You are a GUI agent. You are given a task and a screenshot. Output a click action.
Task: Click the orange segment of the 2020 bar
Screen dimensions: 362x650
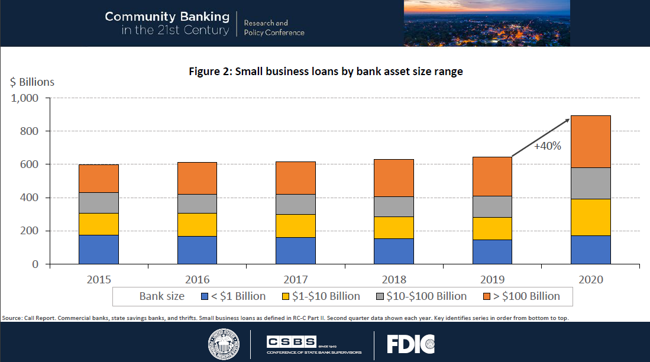tap(590, 141)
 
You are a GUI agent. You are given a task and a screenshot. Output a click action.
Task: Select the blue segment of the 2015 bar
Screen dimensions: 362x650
tap(98, 249)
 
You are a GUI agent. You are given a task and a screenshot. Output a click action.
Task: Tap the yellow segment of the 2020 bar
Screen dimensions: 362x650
tap(590, 217)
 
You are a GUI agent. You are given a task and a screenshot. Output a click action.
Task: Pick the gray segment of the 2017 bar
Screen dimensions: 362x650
tap(295, 204)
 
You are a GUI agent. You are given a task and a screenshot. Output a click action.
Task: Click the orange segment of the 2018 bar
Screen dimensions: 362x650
tap(394, 177)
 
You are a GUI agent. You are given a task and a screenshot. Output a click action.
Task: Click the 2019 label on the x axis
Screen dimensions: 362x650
tap(492, 279)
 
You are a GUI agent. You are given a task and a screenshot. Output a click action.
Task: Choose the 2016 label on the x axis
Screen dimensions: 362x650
tap(197, 279)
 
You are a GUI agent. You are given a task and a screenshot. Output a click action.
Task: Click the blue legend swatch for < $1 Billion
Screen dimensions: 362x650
tap(205, 296)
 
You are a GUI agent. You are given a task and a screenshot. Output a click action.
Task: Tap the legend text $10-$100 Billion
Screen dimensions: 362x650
tap(425, 296)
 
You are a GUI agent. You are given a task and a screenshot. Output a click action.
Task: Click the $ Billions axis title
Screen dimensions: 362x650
tap(32, 82)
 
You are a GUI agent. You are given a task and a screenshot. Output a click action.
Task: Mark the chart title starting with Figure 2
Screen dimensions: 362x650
tap(325, 72)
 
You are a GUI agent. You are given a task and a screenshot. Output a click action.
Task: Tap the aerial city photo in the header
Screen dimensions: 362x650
tap(487, 23)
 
